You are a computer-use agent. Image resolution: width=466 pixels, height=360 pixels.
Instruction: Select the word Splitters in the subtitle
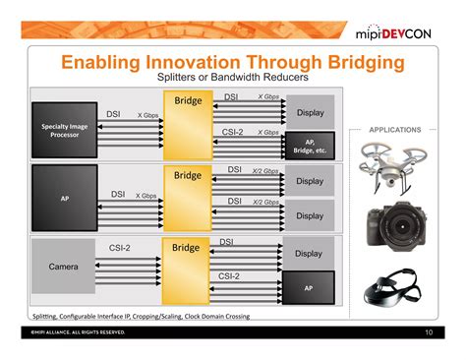[182, 79]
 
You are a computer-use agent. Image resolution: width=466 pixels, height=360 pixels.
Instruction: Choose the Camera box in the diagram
[64, 268]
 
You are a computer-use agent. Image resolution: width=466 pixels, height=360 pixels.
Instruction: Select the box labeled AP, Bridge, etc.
[309, 145]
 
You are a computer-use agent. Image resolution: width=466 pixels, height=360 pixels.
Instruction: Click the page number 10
[429, 333]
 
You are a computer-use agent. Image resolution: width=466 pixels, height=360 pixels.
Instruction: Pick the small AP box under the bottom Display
[309, 287]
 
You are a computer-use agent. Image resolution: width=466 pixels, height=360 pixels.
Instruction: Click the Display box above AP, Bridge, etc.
[310, 112]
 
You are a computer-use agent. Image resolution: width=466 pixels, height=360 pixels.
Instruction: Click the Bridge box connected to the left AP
[188, 197]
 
